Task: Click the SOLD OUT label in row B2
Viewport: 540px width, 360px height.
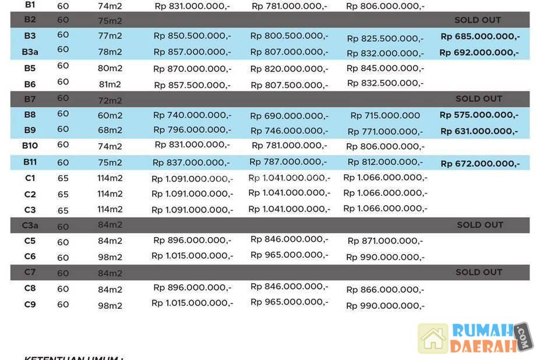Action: pos(478,20)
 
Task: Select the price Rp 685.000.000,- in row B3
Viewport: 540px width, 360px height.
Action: pos(480,36)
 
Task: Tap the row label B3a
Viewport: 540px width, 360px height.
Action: pos(30,52)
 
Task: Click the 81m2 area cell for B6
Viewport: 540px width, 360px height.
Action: pos(110,84)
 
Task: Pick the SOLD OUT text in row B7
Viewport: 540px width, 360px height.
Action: pos(478,98)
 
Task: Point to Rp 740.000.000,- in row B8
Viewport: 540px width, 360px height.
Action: pos(192,115)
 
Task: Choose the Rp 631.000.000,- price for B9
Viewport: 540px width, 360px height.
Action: pos(479,131)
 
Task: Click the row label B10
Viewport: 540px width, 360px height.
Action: pos(30,145)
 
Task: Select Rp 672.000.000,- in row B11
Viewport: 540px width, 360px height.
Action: pos(480,164)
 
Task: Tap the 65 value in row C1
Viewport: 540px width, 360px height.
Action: pos(63,178)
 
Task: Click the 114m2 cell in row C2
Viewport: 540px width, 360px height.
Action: pos(110,194)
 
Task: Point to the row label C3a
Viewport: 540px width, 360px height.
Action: pos(30,225)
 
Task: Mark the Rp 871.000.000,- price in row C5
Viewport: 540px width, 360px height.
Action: pos(384,241)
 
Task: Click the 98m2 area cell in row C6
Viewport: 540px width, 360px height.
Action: pos(110,257)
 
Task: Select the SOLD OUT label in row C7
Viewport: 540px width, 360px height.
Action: pos(478,272)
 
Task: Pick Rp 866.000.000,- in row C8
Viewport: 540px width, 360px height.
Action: pos(384,290)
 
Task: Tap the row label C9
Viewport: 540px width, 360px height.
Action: pos(30,303)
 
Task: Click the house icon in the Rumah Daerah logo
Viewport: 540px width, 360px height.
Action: pos(433,338)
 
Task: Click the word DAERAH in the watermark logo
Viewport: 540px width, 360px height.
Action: pos(483,346)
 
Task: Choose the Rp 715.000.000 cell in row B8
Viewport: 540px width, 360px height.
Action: pos(384,115)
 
